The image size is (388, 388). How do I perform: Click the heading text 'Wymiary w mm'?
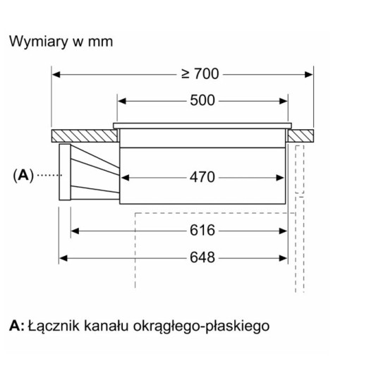[x=61, y=41]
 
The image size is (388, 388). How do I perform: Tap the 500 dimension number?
[x=202, y=100]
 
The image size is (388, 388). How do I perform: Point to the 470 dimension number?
[x=202, y=176]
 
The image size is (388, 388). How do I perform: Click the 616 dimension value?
[x=202, y=230]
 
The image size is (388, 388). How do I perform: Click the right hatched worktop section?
[x=301, y=133]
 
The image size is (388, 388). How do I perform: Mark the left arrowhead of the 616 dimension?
[x=76, y=230]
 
